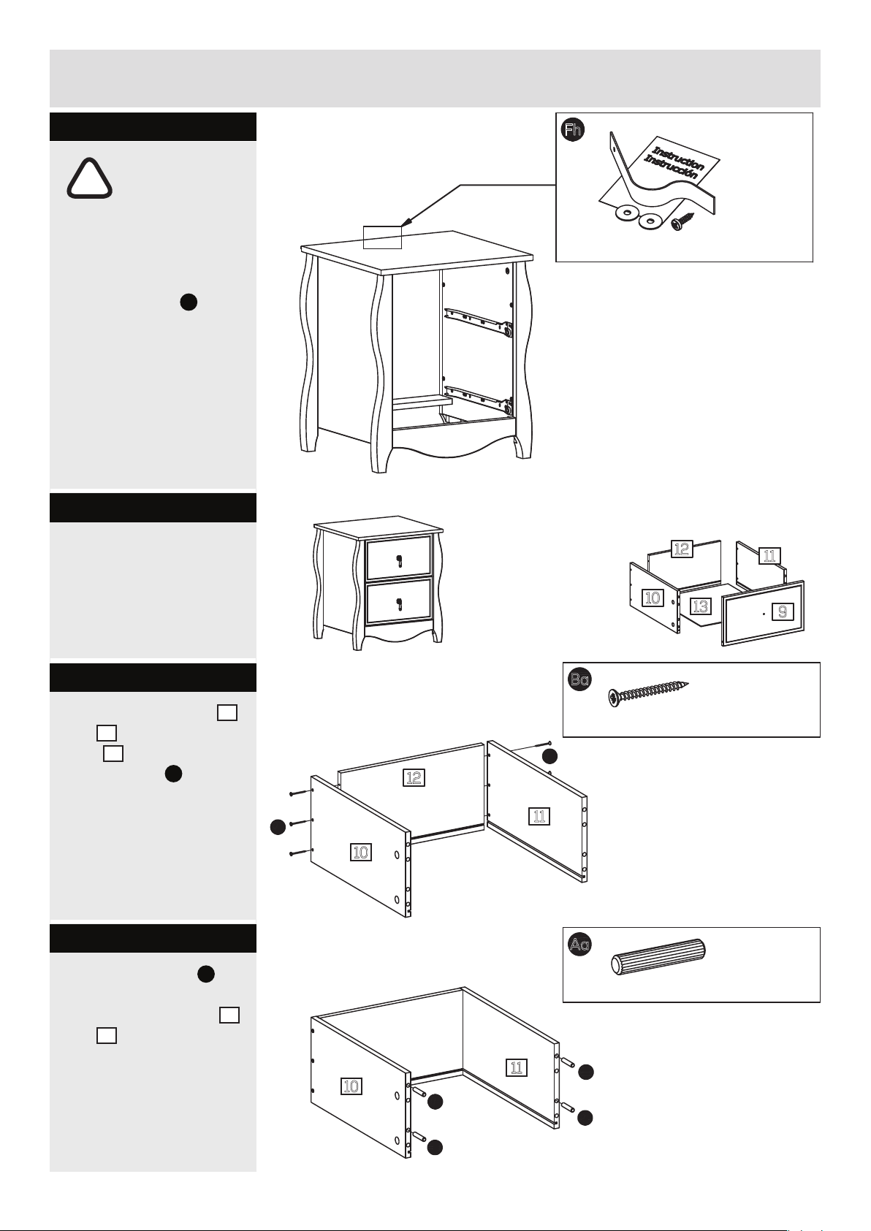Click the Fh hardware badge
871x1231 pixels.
click(x=573, y=130)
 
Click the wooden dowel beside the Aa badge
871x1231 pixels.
click(x=658, y=957)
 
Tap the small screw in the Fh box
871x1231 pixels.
click(x=686, y=221)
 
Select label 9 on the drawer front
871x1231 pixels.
click(x=783, y=611)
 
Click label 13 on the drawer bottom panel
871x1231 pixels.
click(x=700, y=606)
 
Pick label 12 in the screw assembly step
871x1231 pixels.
click(x=414, y=777)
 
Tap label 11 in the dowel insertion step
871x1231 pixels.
click(x=517, y=1067)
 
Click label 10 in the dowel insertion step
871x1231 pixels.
click(x=351, y=1086)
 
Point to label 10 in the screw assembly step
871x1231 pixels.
click(x=360, y=851)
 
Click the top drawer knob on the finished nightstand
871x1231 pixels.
click(x=398, y=561)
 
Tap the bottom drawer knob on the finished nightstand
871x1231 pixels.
click(x=398, y=603)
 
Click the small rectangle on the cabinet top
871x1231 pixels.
click(x=383, y=237)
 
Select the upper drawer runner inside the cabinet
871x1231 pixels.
click(x=477, y=321)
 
